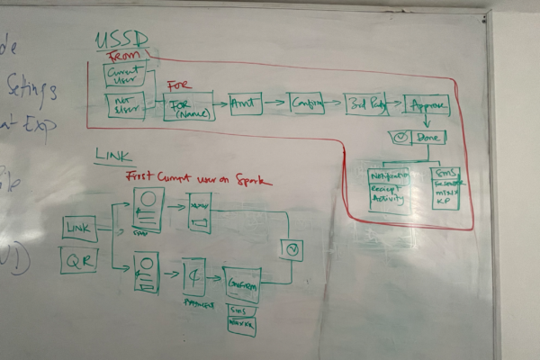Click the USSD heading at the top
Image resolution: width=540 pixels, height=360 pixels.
121,41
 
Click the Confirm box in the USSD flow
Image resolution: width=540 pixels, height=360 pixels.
306,104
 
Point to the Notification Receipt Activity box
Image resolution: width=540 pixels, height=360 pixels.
390,189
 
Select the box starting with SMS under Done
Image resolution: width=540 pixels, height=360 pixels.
445,186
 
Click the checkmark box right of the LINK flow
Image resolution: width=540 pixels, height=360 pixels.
292,249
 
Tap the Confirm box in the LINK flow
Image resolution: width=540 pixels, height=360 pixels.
241,283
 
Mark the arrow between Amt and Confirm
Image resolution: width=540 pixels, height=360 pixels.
274,103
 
